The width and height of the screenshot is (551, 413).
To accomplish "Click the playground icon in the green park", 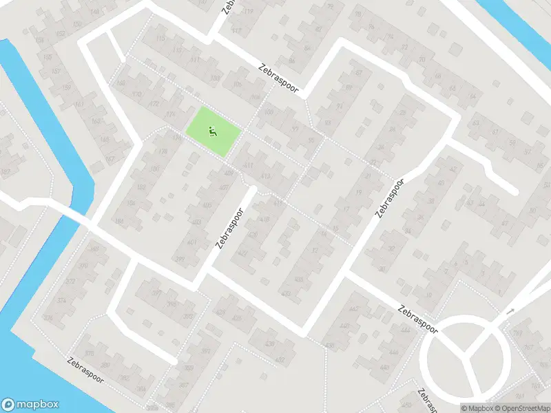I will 213,130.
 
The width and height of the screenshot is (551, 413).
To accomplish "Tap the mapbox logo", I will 30,405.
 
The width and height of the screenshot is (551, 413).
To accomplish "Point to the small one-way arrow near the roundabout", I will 510,312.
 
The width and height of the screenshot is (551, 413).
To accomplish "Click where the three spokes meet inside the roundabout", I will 468,356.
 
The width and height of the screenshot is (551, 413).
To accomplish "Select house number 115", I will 161,39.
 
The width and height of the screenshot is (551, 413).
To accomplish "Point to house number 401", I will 192,242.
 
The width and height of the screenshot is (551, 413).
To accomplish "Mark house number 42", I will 453,169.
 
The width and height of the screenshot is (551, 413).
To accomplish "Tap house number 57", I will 527,151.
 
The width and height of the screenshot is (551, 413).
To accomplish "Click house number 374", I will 61,300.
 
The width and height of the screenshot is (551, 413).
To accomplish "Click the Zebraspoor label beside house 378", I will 87,371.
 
